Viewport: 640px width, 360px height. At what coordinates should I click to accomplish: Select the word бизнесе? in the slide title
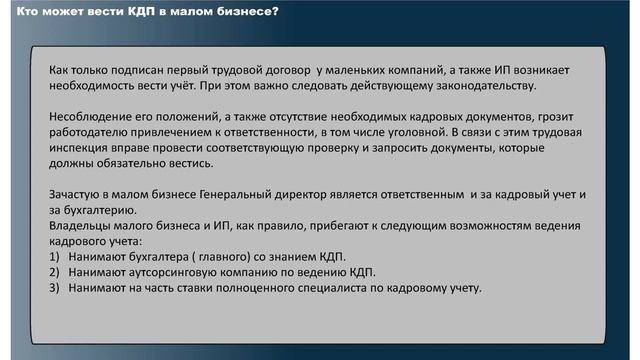[x=246, y=12]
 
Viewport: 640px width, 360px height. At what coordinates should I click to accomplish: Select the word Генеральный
[x=236, y=192]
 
